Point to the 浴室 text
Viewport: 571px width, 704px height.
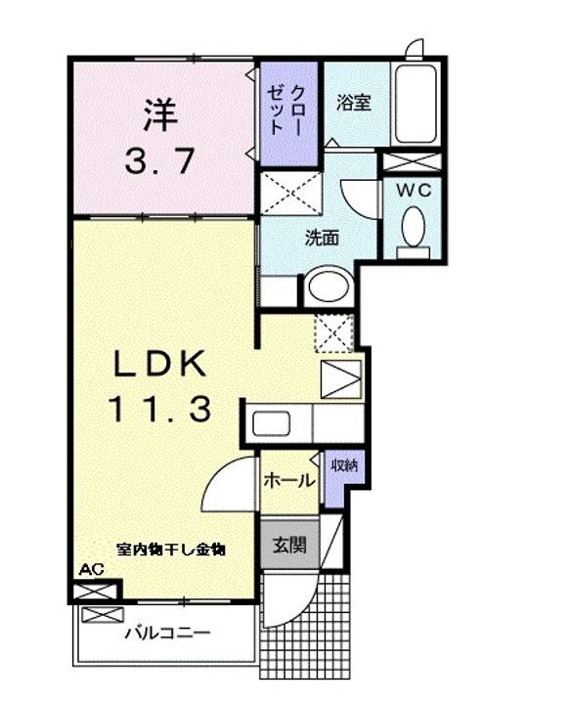tap(354, 103)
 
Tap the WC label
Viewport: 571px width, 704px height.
tap(415, 192)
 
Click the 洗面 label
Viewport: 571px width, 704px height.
tap(323, 237)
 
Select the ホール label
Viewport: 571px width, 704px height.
tap(289, 480)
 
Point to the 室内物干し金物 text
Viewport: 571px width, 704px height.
tap(172, 550)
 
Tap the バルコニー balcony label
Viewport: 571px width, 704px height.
tap(166, 633)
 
